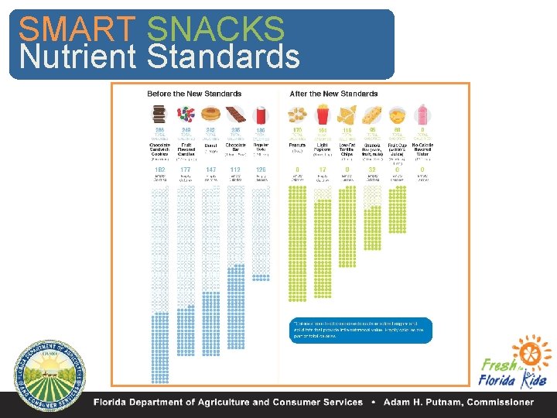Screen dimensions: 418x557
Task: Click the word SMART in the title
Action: [77, 29]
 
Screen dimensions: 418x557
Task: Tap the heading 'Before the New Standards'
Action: [194, 94]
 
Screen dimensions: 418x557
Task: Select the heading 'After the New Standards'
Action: [333, 94]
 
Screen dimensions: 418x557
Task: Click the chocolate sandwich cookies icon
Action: [159, 115]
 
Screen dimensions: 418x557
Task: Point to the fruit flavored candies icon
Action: [186, 115]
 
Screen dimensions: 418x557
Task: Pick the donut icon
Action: [210, 115]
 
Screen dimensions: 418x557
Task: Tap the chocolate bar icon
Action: [235, 115]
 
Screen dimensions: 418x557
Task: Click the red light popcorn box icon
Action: [322, 115]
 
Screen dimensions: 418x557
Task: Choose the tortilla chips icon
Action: [347, 115]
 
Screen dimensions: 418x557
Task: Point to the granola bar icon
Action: [372, 115]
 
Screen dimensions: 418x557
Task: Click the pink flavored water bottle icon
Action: [422, 115]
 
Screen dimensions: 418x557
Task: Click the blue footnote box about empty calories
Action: [360, 331]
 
